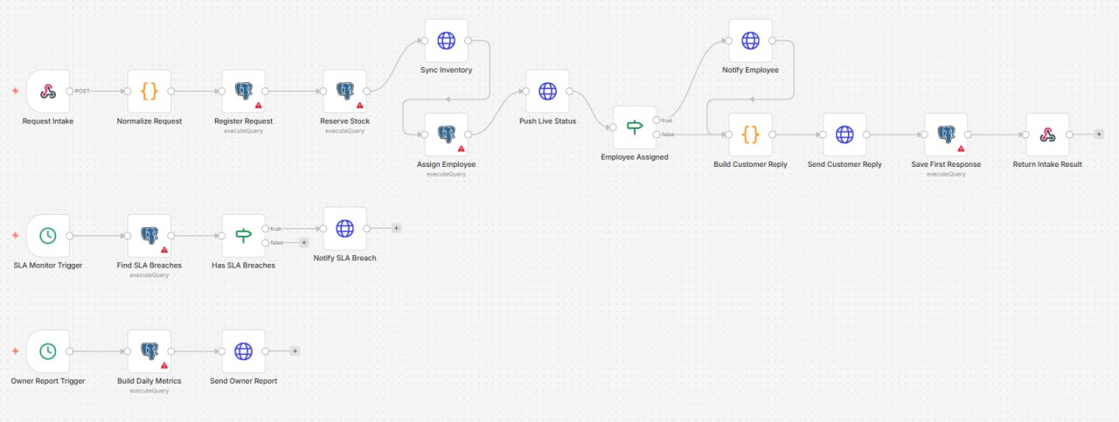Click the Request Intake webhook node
[48, 92]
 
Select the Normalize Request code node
[149, 92]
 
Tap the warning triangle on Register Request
[258, 106]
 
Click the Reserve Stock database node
[344, 92]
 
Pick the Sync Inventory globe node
[446, 41]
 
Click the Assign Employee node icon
[446, 134]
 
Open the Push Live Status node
[547, 92]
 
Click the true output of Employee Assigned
[657, 121]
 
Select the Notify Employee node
[750, 41]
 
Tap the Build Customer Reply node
[750, 135]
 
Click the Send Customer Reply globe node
[844, 135]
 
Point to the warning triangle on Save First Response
[961, 149]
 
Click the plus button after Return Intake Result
[1099, 135]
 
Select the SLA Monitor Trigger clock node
[48, 236]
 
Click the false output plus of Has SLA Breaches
[303, 243]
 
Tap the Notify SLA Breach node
[344, 229]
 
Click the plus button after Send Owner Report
[295, 351]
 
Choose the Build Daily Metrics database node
[149, 351]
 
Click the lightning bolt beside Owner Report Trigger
[16, 351]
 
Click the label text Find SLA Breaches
[149, 266]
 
